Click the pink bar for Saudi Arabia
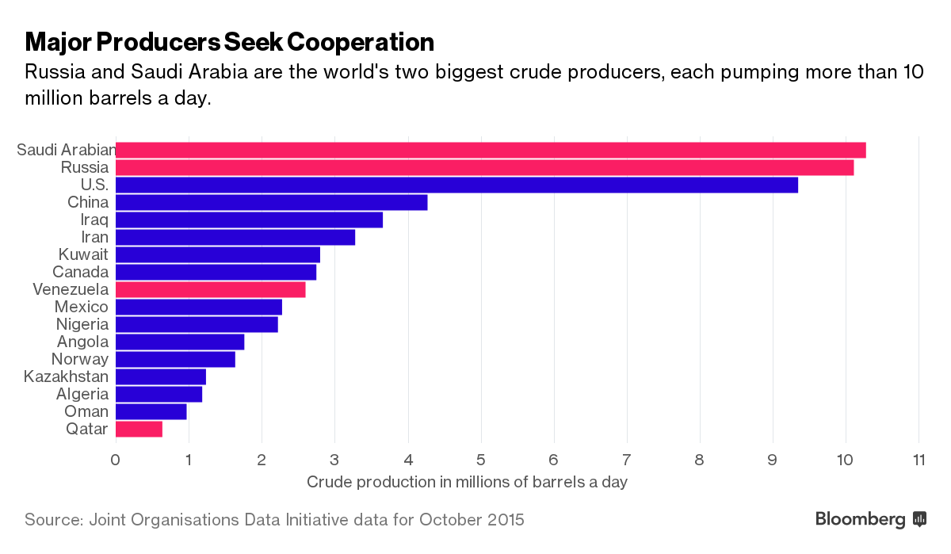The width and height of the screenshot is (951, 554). (491, 151)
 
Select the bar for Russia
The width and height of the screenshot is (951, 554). (484, 168)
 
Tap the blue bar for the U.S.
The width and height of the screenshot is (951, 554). (456, 185)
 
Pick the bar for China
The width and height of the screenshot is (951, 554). (271, 203)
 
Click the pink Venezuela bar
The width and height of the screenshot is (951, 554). (210, 289)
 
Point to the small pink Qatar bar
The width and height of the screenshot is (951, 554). (139, 429)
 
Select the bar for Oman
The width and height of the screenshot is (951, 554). (151, 411)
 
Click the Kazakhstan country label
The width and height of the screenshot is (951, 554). (66, 376)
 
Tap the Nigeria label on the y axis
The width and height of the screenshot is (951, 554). (82, 324)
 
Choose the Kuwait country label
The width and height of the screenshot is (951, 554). (83, 254)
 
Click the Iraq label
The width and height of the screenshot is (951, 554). (94, 220)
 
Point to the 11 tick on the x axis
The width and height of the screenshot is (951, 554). (919, 460)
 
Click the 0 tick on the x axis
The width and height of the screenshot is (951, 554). (116, 460)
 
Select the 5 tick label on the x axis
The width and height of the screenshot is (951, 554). (480, 460)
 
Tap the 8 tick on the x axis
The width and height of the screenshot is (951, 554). (700, 460)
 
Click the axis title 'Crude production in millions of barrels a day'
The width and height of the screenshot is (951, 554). (467, 482)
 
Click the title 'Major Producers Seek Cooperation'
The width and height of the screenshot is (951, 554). (230, 41)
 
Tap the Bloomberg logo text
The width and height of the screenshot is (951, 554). (861, 520)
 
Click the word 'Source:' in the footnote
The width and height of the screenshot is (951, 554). (54, 520)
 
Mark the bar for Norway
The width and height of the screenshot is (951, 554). (175, 359)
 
